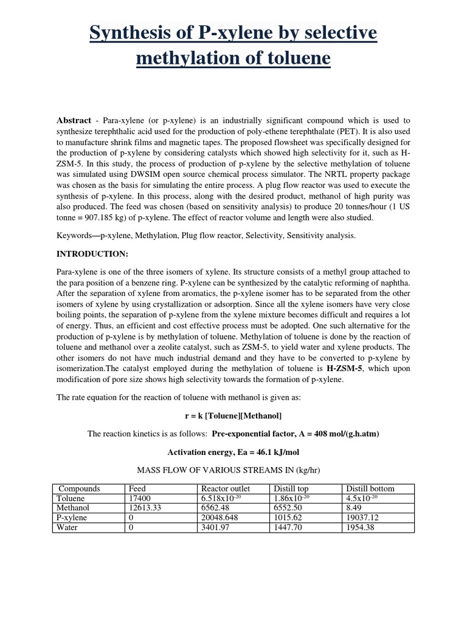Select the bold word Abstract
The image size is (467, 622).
pyautogui.click(x=74, y=121)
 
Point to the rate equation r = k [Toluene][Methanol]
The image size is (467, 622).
pyautogui.click(x=233, y=415)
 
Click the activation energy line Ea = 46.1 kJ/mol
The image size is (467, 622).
pyautogui.click(x=233, y=453)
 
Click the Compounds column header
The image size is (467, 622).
pyautogui.click(x=78, y=488)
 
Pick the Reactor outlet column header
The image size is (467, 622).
pyautogui.click(x=225, y=488)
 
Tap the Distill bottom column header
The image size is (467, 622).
pyautogui.click(x=370, y=488)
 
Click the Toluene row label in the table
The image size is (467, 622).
pyautogui.click(x=71, y=498)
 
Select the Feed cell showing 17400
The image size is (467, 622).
pyautogui.click(x=139, y=498)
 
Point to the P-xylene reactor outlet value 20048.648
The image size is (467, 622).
pyautogui.click(x=221, y=518)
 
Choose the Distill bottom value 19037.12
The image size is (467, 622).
pyautogui.click(x=365, y=518)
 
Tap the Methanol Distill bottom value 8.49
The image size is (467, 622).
pyautogui.click(x=355, y=508)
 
